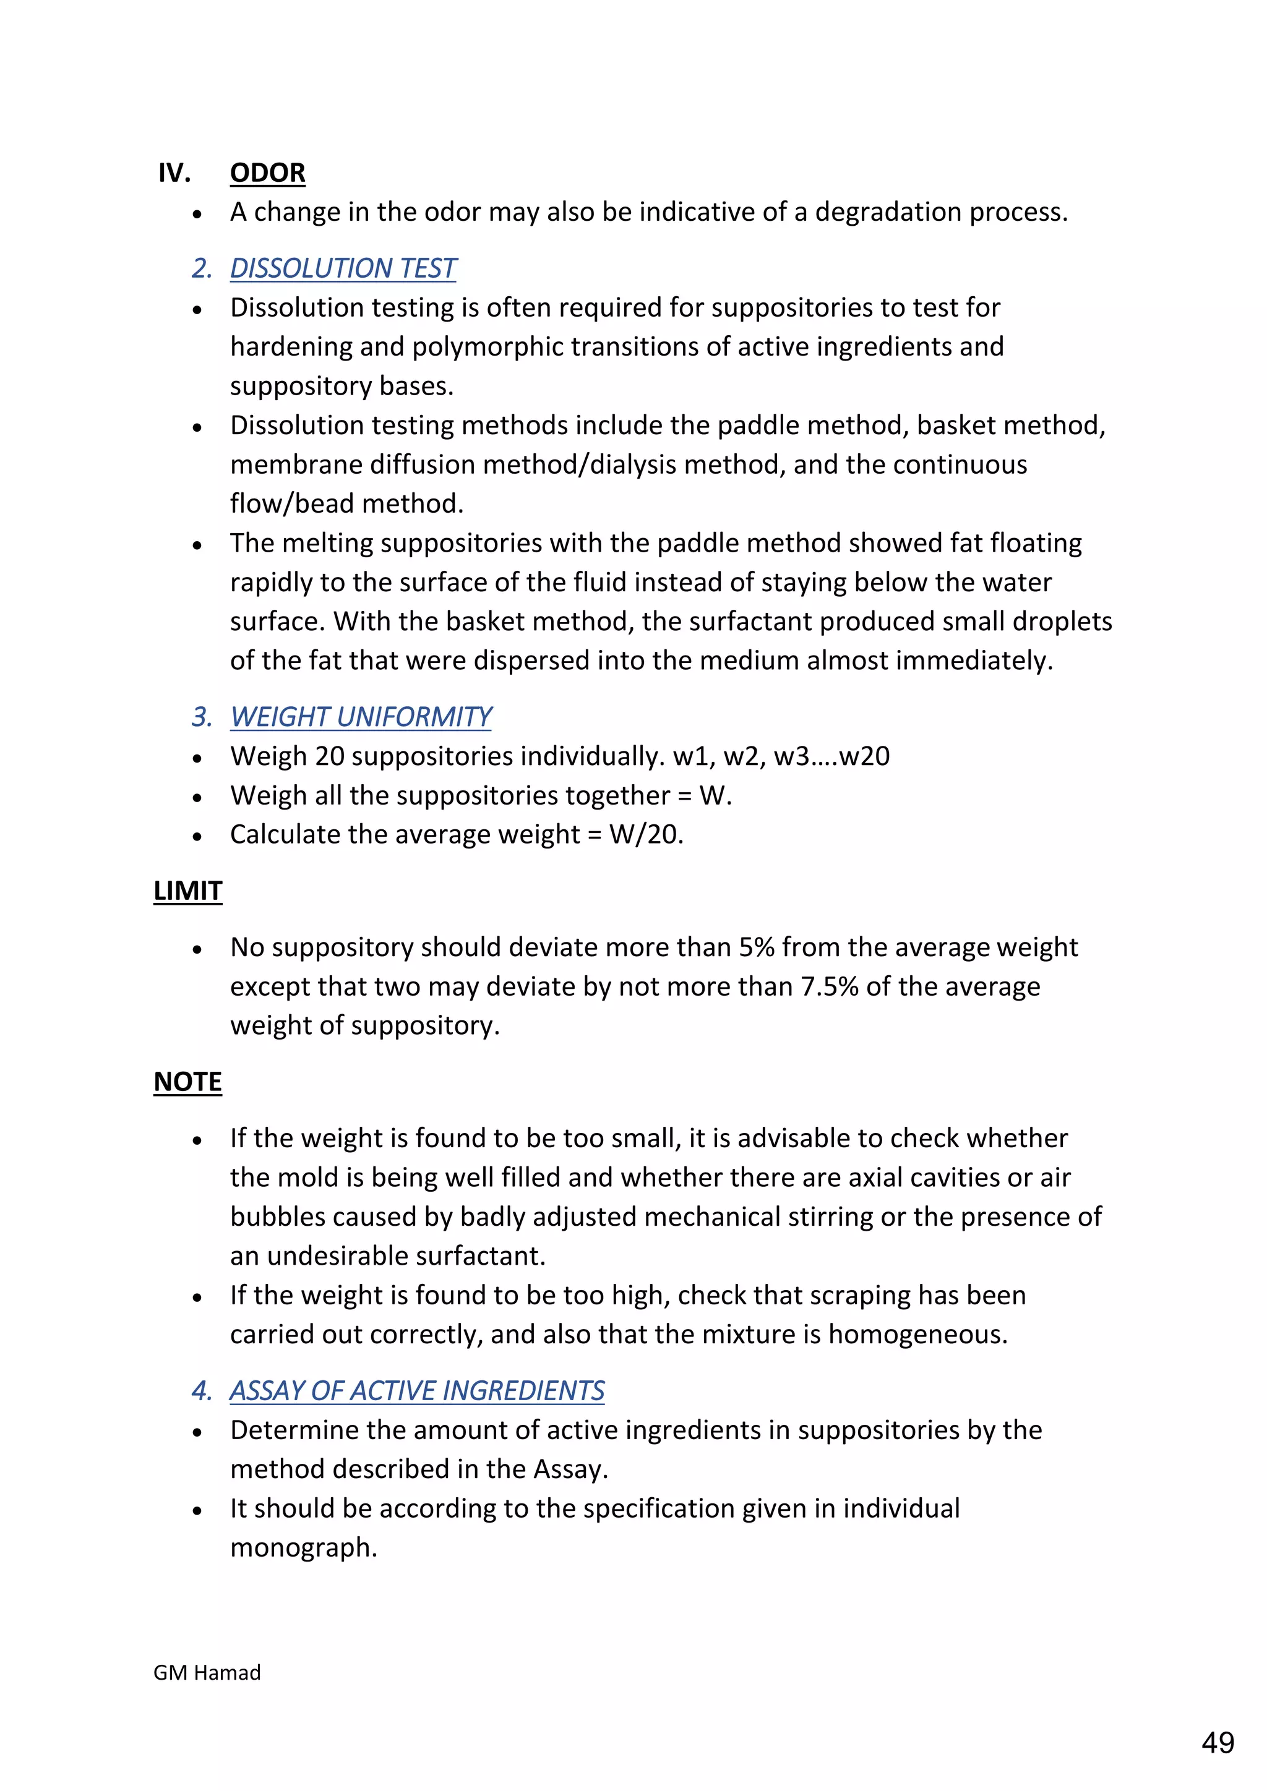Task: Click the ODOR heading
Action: click(268, 173)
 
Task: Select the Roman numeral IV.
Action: click(174, 173)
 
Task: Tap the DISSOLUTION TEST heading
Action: click(343, 268)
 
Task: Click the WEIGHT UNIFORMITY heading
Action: click(361, 717)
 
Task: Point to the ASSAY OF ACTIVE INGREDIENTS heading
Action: click(416, 1391)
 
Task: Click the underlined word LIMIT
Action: click(188, 891)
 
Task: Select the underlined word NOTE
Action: click(188, 1082)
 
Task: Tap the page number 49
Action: click(1218, 1743)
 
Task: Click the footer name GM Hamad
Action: click(207, 1672)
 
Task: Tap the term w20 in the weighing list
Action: click(864, 756)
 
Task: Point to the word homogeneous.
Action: click(917, 1335)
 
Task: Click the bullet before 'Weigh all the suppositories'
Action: click(197, 797)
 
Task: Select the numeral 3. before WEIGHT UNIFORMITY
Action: click(201, 717)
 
